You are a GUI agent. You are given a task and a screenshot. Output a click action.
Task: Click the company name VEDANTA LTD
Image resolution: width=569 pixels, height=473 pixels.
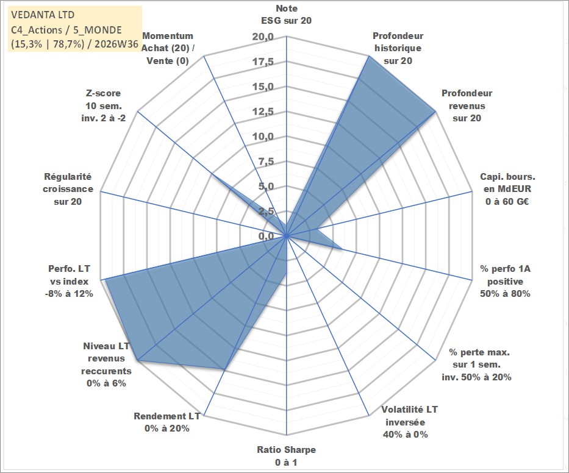point(43,15)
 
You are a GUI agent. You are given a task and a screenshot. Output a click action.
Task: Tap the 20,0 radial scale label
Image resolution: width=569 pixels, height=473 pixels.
point(263,37)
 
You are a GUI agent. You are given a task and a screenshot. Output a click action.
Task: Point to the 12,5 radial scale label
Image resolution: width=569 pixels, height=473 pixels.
point(263,112)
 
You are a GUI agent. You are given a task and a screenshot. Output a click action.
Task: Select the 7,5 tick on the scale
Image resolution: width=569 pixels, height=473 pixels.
point(266,162)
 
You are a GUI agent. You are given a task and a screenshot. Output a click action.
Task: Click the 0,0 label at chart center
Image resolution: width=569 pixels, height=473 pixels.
point(266,236)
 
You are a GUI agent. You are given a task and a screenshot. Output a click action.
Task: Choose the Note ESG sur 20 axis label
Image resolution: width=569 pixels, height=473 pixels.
point(286,15)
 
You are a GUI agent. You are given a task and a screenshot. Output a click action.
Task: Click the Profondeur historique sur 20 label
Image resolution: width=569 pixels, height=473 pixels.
point(398,48)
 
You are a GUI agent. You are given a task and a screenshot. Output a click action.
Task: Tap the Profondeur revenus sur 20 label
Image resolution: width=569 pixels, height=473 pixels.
point(467,105)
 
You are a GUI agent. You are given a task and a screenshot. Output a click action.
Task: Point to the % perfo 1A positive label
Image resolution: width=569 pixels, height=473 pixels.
point(505,281)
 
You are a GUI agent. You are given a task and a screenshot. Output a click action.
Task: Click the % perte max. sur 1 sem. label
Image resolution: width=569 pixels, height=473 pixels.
point(476,365)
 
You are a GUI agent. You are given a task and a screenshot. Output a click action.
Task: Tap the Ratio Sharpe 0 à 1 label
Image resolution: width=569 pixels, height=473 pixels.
point(286,456)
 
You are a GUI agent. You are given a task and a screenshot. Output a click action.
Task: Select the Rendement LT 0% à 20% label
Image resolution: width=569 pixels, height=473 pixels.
point(167,422)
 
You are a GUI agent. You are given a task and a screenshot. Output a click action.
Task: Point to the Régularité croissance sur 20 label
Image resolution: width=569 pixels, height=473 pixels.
point(68,189)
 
